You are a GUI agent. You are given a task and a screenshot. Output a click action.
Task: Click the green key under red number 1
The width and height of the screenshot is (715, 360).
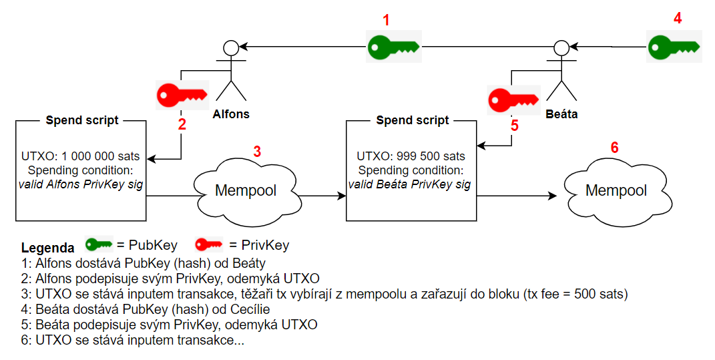(393, 47)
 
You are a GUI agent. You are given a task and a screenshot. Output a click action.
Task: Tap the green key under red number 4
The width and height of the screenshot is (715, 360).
(674, 47)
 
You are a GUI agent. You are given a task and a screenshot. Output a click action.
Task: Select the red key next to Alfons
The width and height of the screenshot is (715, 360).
(182, 96)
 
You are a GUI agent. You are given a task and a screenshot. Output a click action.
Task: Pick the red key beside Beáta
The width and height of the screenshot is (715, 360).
(512, 101)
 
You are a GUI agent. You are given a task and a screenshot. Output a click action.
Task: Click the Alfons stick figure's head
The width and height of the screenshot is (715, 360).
(231, 47)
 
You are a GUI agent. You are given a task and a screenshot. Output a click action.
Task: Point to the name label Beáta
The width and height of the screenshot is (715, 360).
(561, 114)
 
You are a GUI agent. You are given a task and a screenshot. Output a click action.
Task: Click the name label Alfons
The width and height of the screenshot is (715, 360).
(231, 114)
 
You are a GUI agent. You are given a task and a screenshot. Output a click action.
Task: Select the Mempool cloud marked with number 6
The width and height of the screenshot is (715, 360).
(616, 190)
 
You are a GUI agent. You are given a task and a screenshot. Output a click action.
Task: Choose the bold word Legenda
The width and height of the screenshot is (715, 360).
(48, 246)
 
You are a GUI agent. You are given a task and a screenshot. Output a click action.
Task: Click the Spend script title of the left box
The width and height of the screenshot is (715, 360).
(82, 120)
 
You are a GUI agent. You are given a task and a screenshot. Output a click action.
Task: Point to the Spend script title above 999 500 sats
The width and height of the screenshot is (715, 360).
(413, 120)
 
